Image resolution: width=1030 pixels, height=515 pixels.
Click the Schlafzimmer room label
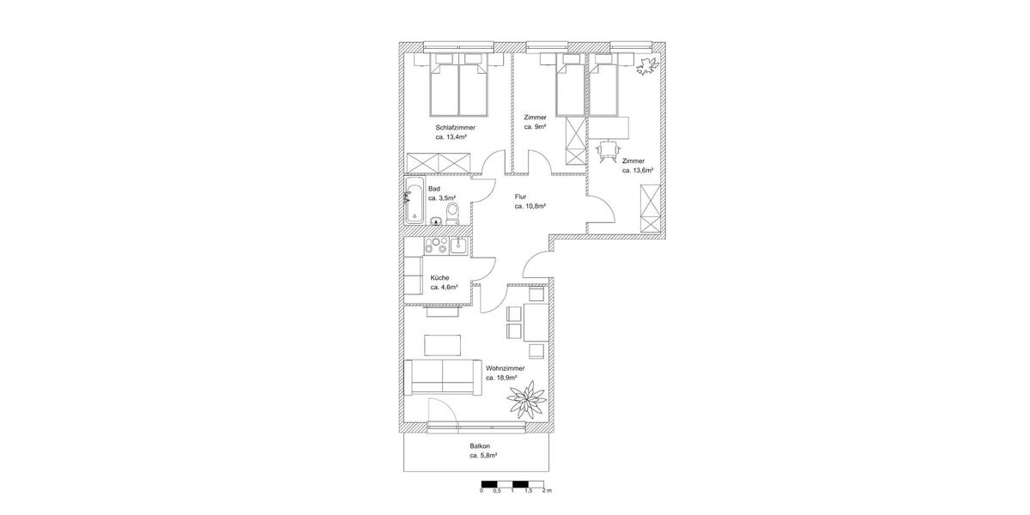click(455, 128)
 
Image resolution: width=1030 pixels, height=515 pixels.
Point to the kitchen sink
click(458, 246)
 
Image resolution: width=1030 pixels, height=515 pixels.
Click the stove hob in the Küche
click(435, 246)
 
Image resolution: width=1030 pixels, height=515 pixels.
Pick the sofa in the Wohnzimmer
click(441, 376)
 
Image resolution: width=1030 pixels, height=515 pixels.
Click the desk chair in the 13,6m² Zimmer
click(609, 149)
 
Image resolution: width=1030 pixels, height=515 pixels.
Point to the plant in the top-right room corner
click(645, 65)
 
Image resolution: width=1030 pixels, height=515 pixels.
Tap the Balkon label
click(480, 446)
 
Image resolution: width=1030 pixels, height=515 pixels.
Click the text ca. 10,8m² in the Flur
click(530, 207)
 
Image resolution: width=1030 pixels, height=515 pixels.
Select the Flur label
click(520, 197)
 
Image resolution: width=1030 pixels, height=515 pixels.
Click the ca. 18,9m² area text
click(501, 378)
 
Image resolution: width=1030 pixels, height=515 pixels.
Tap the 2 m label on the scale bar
click(548, 491)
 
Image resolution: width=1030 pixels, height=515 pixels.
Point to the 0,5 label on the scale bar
click(497, 491)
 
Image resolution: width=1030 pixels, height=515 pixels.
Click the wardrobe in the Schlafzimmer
click(439, 162)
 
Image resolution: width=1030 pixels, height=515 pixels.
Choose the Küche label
click(439, 277)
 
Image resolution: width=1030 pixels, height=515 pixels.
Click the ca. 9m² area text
click(536, 127)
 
